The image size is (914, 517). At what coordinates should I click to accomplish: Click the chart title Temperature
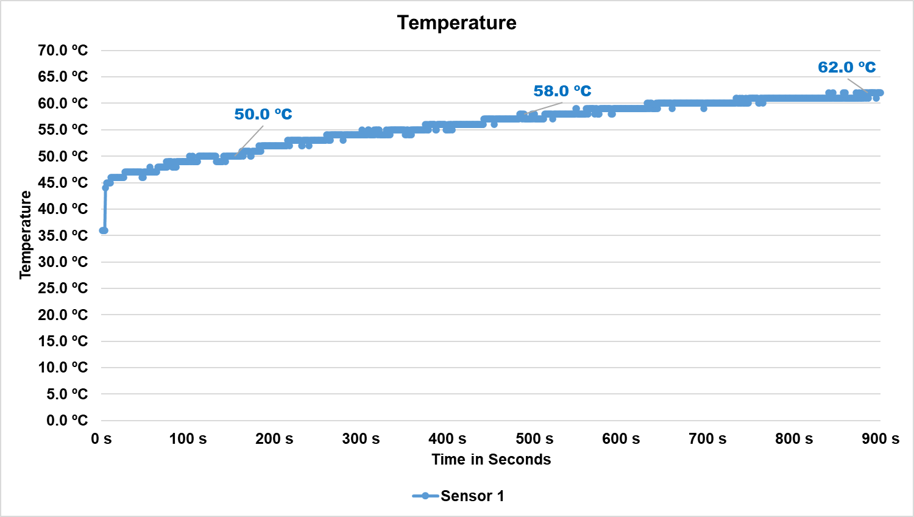coord(456,23)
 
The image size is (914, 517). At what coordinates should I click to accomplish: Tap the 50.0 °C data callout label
coord(263,114)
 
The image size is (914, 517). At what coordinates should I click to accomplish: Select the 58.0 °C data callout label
coord(562,91)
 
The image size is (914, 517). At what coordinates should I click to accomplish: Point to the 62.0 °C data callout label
coord(846,67)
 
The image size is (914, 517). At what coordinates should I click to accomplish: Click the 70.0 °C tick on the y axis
coord(63,51)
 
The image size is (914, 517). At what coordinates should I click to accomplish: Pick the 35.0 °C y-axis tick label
coord(63,235)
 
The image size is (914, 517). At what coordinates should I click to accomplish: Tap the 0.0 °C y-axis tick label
coord(67,420)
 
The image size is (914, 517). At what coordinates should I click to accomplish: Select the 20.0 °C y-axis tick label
coord(63,315)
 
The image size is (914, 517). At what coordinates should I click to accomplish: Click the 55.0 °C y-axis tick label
coord(63,130)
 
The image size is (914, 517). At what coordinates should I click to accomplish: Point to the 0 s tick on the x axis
coord(101,439)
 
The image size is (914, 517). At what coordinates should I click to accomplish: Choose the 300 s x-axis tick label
coord(361,439)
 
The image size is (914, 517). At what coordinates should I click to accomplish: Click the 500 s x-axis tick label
coord(534,439)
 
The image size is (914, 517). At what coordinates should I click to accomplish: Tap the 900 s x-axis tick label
coord(880,439)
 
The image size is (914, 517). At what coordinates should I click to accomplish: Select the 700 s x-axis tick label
coord(707,439)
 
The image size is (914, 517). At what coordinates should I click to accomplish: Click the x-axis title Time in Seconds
coord(491,460)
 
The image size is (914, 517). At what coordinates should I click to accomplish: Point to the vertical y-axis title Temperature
coord(26,235)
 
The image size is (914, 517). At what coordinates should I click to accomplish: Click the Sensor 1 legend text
coord(472,496)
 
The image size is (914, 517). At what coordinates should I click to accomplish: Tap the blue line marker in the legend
coord(425,496)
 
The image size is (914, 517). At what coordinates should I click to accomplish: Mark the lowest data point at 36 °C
coord(103,230)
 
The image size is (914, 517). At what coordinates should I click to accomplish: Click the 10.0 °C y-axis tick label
coord(63,368)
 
